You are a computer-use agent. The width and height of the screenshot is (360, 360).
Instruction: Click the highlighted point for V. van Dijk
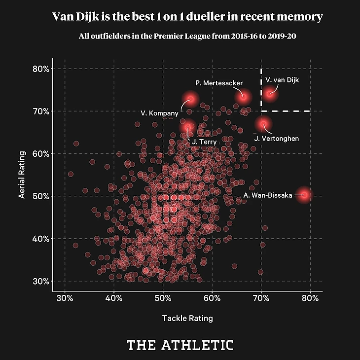coord(270,93)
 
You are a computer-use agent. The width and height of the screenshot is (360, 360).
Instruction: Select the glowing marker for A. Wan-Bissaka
coord(305,195)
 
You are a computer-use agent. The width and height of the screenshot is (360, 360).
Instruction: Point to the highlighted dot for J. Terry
coord(187,128)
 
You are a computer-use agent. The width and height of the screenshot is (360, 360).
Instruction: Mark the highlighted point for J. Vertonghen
coord(263,124)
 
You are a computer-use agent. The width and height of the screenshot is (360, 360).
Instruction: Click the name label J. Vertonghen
coord(276,139)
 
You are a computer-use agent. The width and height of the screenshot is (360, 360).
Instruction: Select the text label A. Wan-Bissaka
coord(268,196)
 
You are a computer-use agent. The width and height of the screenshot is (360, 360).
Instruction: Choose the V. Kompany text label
coord(159,113)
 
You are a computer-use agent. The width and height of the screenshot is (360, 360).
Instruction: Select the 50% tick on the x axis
coord(163,299)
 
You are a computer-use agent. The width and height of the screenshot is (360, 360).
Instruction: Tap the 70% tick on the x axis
coord(261,299)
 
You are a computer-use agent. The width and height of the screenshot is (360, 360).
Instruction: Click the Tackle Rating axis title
coord(187,319)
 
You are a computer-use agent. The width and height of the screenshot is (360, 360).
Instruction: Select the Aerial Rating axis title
coord(22,175)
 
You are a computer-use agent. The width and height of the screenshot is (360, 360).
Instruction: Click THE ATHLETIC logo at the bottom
coord(180,344)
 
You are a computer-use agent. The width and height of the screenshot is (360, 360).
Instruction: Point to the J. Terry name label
coord(201,143)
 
